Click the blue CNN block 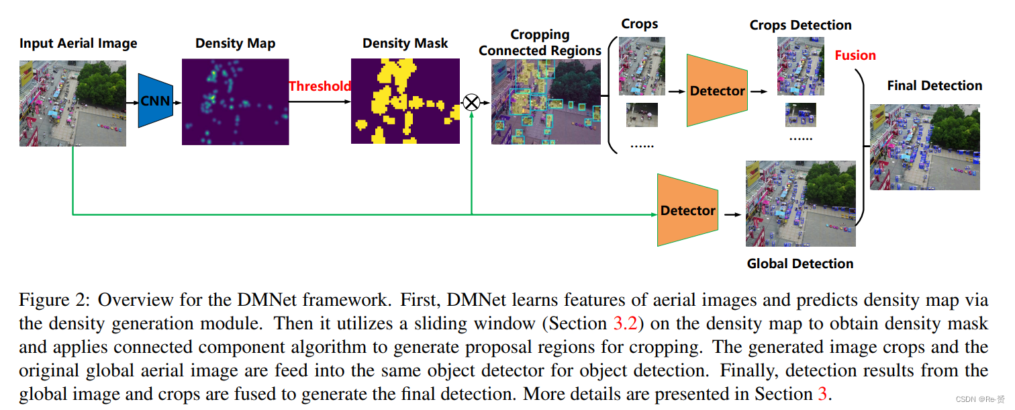[x=155, y=101]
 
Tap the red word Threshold [x=320, y=86]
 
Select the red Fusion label [x=855, y=55]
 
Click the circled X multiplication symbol [x=472, y=101]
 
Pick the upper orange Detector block [x=717, y=91]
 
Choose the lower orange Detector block [x=687, y=210]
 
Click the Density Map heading [x=235, y=43]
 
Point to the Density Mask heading [x=405, y=43]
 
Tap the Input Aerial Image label [x=78, y=44]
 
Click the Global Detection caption [x=800, y=263]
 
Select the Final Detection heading [x=934, y=85]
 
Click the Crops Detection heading [x=800, y=25]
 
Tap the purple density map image [x=235, y=101]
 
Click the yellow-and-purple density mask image [x=405, y=101]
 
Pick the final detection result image [x=924, y=147]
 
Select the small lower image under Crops [x=642, y=115]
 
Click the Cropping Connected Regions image [x=546, y=101]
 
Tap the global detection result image [x=800, y=204]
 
